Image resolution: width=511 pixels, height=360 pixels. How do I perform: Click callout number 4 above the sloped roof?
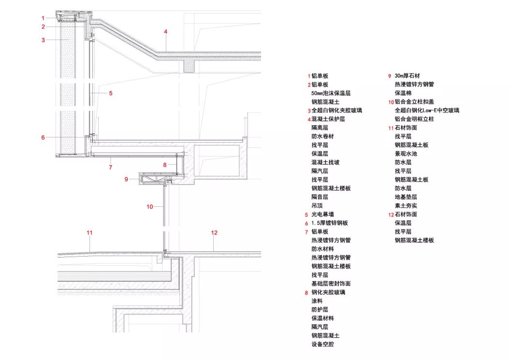[x=165, y=32]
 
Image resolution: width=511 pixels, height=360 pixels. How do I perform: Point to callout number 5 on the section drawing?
[x=110, y=93]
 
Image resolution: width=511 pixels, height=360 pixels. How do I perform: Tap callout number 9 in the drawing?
[x=126, y=179]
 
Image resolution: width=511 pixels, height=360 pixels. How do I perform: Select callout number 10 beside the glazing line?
[x=150, y=207]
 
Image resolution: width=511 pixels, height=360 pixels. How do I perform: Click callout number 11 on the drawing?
[x=89, y=232]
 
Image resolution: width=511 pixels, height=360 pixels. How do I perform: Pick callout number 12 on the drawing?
[x=215, y=232]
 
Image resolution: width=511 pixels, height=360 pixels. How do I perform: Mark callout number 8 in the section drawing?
[x=164, y=165]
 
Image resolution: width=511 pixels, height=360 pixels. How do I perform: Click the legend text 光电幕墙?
[x=323, y=215]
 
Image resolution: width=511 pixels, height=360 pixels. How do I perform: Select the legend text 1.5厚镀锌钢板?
[x=329, y=223]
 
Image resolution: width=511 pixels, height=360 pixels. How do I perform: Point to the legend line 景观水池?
[x=406, y=154]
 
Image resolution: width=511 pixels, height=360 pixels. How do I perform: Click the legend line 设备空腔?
[x=323, y=345]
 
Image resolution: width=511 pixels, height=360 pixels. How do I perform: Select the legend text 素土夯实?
[x=406, y=206]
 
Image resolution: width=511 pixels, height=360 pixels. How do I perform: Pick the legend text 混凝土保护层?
[x=328, y=119]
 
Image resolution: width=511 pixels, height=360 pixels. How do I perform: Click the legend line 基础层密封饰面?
[x=331, y=284]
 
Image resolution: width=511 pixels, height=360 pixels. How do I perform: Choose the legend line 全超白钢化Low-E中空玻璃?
[x=427, y=111]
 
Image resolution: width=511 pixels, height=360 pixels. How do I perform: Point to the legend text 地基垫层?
[x=406, y=197]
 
